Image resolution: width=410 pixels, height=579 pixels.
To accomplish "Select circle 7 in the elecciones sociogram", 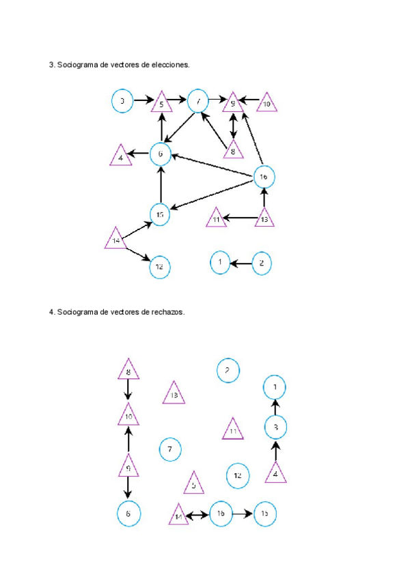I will click(198, 102).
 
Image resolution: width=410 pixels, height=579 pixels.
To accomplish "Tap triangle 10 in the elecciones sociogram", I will click(266, 103).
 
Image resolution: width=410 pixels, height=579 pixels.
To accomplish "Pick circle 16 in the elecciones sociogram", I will click(264, 177).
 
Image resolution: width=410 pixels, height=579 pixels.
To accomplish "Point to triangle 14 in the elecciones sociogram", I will click(116, 240).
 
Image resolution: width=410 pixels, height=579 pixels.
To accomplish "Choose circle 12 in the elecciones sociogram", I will click(159, 267).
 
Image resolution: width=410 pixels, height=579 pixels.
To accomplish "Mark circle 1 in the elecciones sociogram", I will click(220, 262).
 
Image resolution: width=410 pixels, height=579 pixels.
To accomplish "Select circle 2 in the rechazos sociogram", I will click(228, 371).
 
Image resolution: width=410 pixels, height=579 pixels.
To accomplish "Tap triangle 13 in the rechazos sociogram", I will click(174, 394).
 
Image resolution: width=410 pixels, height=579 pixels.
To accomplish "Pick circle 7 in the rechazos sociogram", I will click(169, 449).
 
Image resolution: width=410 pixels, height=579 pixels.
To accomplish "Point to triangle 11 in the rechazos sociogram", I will click(233, 430).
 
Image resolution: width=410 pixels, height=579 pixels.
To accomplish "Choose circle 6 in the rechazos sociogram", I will click(128, 513).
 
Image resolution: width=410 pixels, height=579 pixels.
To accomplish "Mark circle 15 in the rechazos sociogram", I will click(265, 513).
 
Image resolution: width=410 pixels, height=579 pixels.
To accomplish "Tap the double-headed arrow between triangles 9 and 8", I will click(233, 127).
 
